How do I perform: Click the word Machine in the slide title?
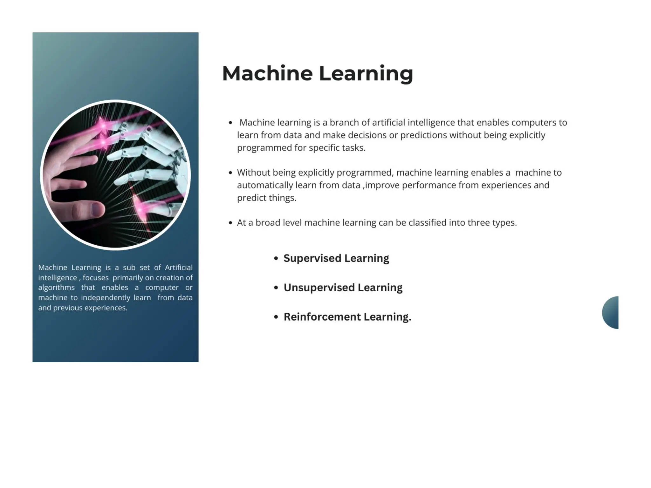click(x=267, y=73)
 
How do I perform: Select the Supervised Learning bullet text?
click(x=336, y=258)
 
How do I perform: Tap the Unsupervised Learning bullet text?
click(x=343, y=288)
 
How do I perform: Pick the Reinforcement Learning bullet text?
click(x=347, y=317)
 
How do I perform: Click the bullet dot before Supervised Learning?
click(x=276, y=259)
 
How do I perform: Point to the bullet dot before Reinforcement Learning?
click(x=276, y=317)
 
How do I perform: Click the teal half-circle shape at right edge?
click(x=611, y=313)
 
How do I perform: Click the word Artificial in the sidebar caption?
click(x=178, y=268)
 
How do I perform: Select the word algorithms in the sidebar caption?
click(x=56, y=288)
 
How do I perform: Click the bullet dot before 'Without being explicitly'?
click(x=230, y=173)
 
